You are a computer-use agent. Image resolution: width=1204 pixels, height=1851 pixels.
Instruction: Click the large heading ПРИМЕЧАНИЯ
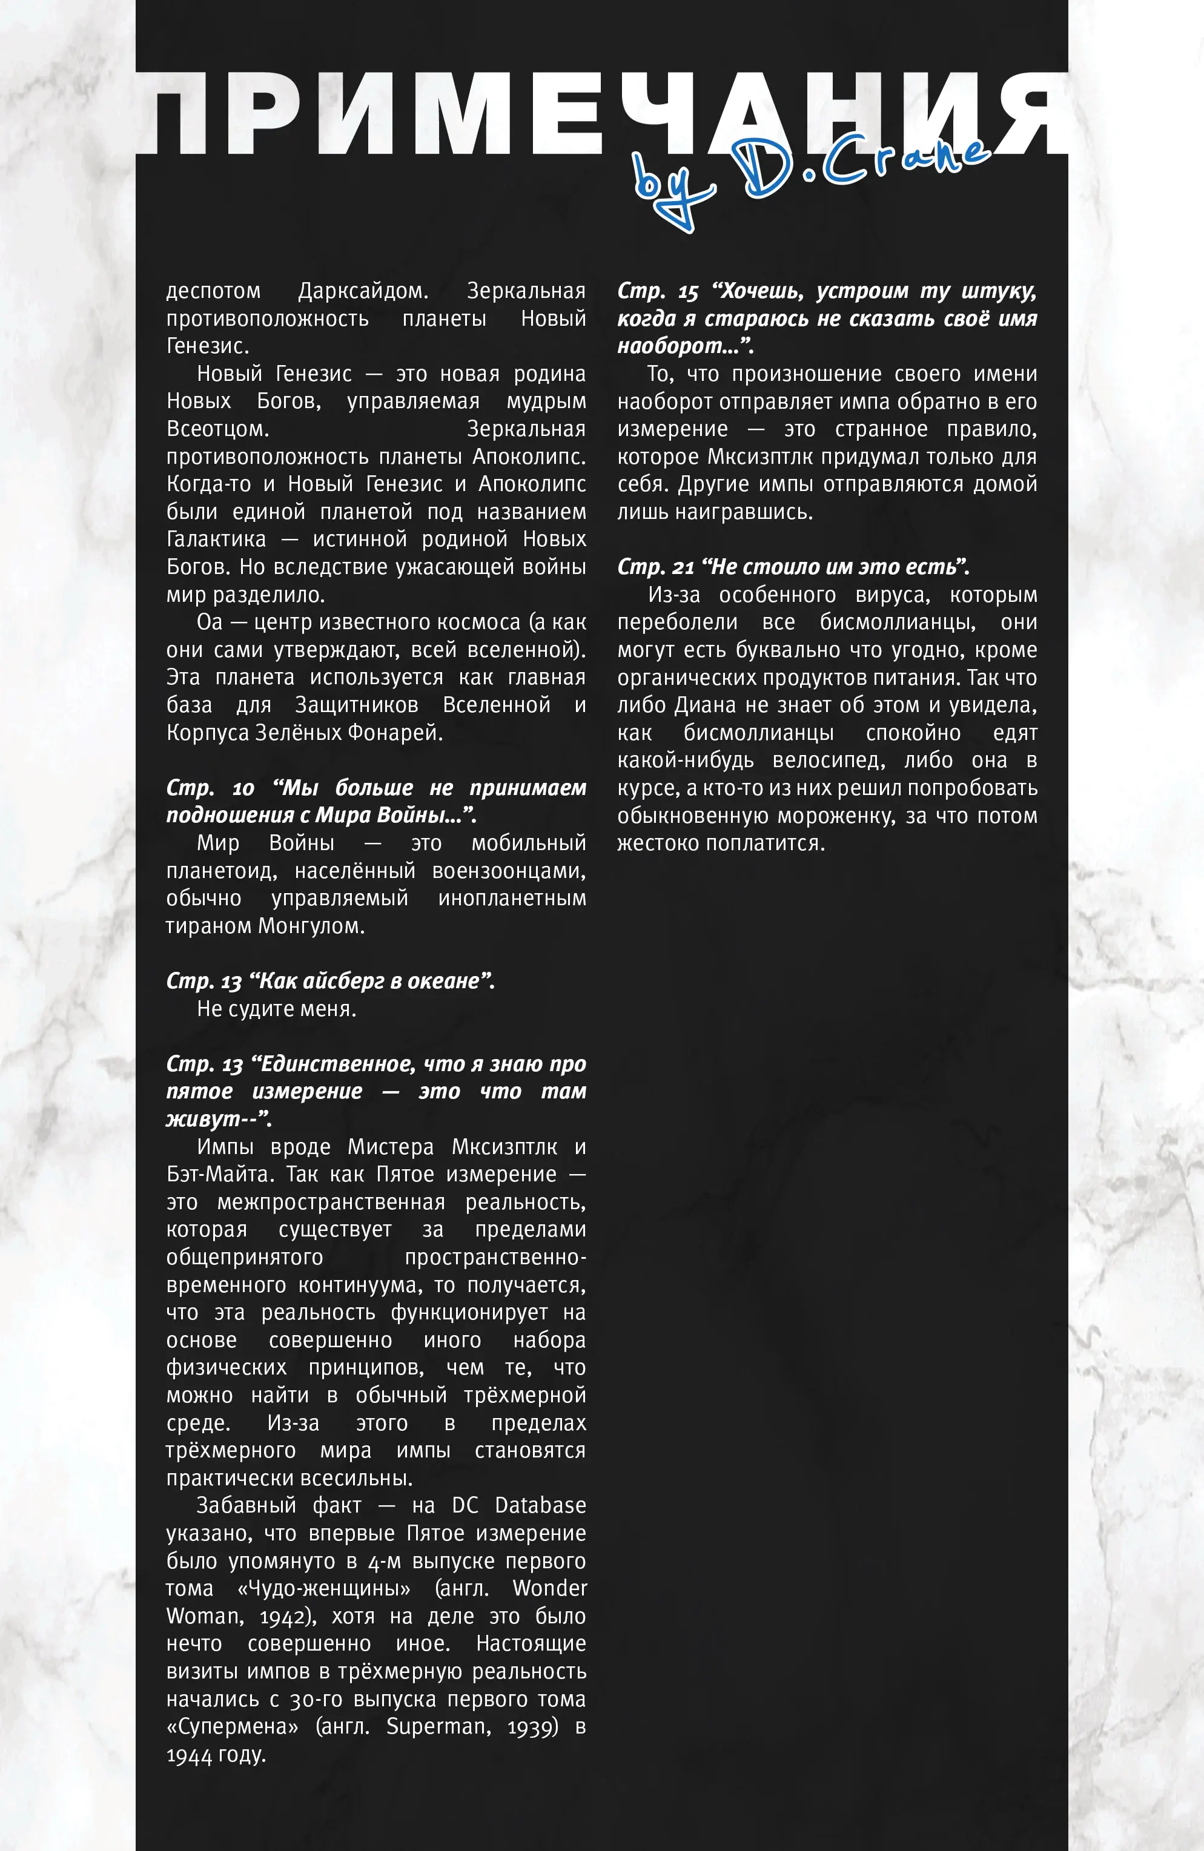click(x=602, y=114)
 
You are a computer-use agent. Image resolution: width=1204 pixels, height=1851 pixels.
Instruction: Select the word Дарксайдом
click(x=362, y=291)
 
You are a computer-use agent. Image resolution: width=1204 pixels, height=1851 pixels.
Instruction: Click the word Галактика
click(x=216, y=539)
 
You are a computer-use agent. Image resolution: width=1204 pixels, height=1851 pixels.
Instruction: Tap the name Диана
click(x=705, y=705)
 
